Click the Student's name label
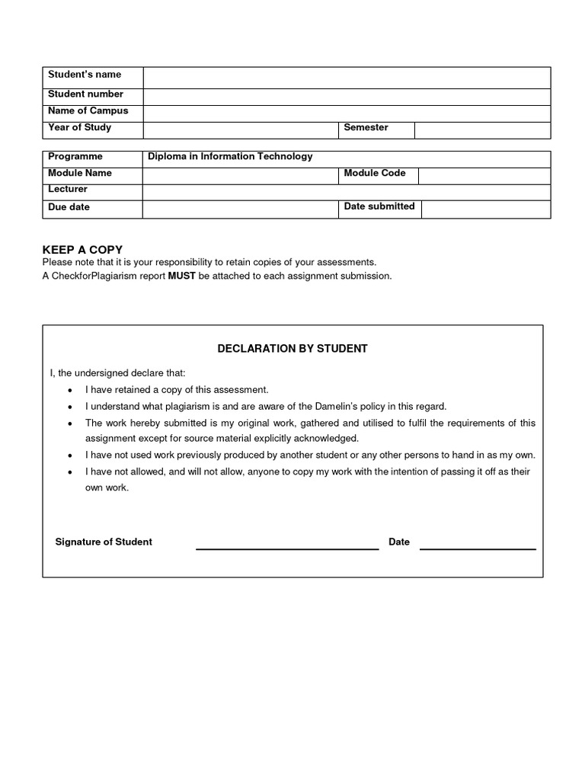point(85,75)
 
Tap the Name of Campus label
point(88,111)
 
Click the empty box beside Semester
point(482,129)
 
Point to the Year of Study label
point(79,128)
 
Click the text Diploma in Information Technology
point(230,157)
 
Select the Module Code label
point(375,174)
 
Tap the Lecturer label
point(68,189)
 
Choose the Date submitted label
point(379,206)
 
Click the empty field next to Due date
point(240,209)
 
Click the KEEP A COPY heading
point(82,250)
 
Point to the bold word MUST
point(182,276)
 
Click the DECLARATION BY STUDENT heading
point(292,349)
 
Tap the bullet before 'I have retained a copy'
point(70,390)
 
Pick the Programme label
point(75,157)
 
